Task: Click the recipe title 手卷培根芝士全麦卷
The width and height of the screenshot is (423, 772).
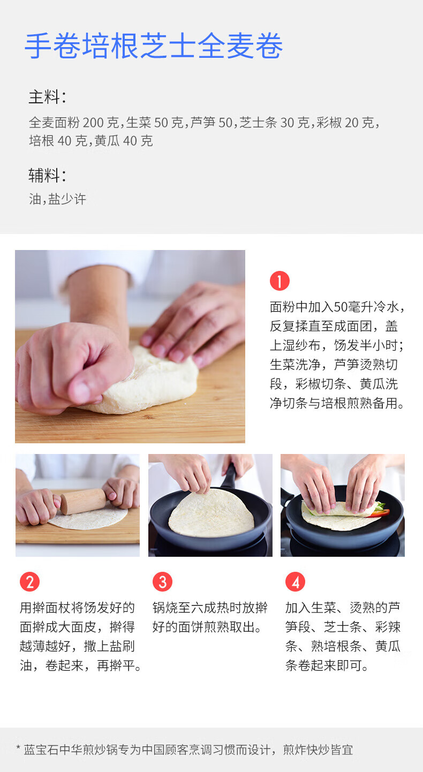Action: [154, 46]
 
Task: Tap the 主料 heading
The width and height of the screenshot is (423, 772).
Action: [47, 97]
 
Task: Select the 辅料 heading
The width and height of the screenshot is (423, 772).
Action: [47, 176]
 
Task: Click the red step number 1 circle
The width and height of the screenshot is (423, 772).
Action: [280, 281]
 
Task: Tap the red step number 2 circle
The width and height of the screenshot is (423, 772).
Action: [29, 582]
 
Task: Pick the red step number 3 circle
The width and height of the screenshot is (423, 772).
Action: [162, 582]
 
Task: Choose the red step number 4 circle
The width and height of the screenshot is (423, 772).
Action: [295, 582]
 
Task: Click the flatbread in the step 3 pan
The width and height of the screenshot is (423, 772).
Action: [211, 513]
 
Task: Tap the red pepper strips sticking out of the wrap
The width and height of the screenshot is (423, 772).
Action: [379, 513]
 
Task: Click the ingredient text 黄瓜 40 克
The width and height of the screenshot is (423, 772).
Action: [123, 141]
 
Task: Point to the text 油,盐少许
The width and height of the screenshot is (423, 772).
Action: [57, 199]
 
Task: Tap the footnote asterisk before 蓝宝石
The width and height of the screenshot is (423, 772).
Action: [18, 747]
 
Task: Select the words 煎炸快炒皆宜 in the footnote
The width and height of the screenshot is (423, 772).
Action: [318, 750]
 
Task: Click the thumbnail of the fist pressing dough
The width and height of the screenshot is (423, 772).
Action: [130, 346]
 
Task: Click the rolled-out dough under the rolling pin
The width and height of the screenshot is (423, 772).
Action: [88, 519]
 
